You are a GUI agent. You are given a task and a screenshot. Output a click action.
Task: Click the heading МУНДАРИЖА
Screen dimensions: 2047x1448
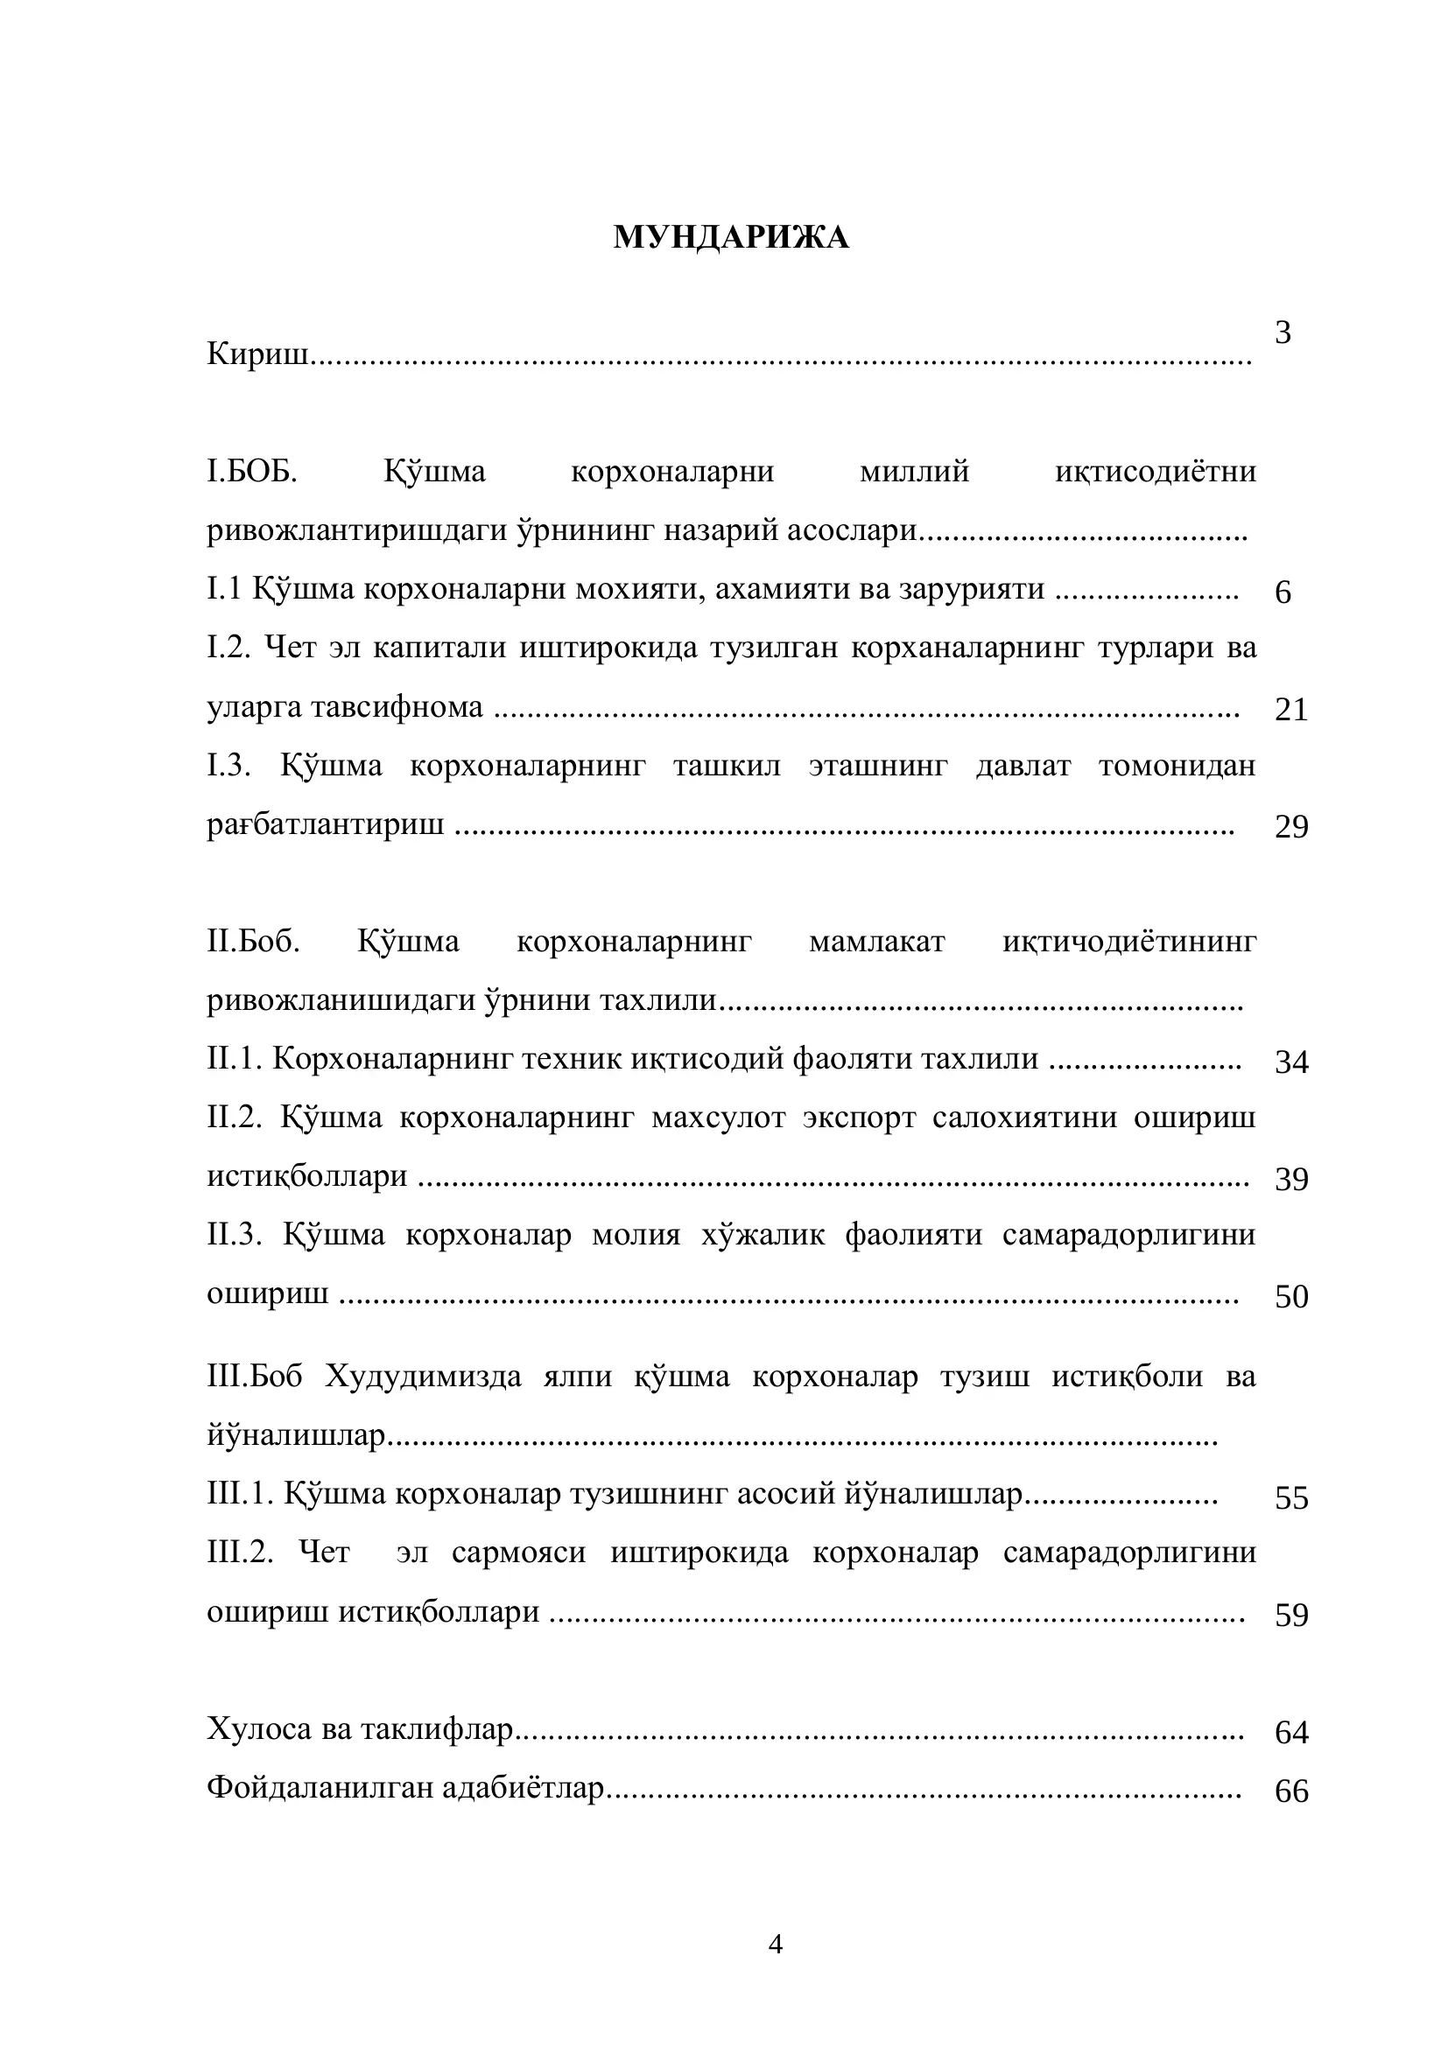730,237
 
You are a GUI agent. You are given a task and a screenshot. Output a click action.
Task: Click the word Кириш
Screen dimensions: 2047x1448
257,354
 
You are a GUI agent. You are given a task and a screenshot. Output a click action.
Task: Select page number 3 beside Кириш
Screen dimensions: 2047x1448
1283,333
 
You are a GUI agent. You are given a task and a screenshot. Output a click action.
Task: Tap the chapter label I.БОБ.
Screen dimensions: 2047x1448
252,471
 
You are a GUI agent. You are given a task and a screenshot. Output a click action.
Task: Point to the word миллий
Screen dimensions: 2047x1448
914,471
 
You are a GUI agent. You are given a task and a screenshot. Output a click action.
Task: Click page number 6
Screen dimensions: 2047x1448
1283,592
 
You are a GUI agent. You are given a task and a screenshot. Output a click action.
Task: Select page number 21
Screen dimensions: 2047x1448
1290,710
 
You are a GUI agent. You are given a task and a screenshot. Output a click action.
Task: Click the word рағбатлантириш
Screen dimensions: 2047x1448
326,824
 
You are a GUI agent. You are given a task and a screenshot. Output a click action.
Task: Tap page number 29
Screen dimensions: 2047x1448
1290,827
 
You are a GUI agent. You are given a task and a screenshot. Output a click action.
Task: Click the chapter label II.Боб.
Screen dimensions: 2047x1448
253,942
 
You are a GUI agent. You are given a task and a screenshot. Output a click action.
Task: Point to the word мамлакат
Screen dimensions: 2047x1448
876,942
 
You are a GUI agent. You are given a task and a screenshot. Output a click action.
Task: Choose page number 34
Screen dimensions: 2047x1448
1290,1062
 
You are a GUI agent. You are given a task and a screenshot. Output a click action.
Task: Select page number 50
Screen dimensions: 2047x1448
1290,1296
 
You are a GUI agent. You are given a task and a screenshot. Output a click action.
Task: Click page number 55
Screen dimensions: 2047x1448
1290,1497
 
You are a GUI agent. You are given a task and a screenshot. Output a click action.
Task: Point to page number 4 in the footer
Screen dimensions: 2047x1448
775,1944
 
